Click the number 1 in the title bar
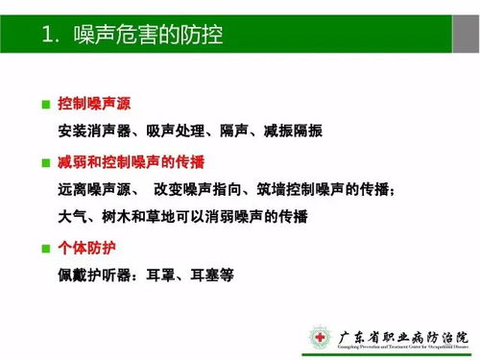tap(49, 36)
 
